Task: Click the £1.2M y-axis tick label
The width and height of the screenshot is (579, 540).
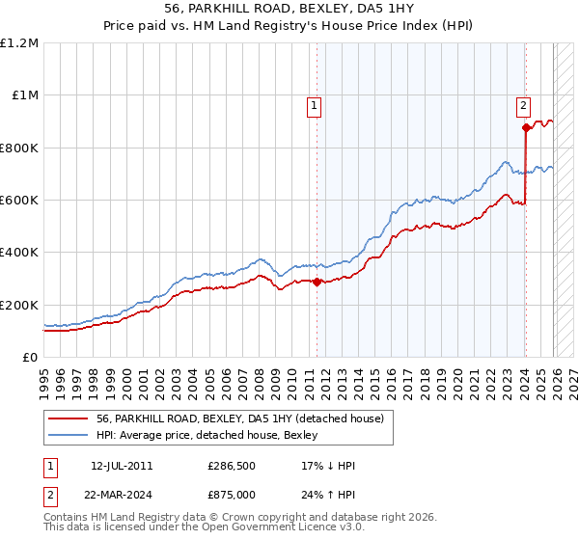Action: point(20,43)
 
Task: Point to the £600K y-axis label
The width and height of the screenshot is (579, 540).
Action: point(19,201)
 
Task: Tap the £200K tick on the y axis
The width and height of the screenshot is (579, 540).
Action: point(19,305)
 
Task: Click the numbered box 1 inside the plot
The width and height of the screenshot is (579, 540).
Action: point(316,107)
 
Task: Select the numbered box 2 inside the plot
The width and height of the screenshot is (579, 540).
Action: point(523,107)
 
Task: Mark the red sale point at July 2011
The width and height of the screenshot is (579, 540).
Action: point(317,283)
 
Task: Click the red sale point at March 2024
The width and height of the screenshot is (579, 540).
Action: point(526,127)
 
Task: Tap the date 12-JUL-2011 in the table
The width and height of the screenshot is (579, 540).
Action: point(122,466)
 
